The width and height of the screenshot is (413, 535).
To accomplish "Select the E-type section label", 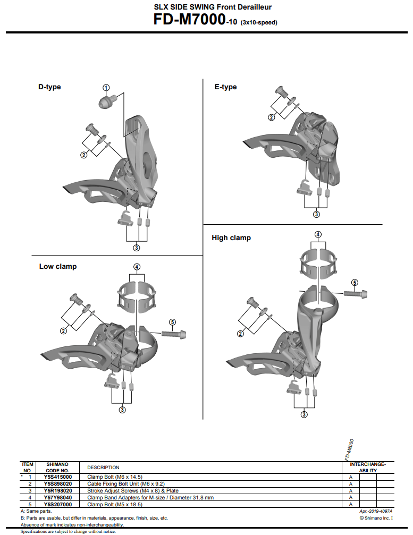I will point(225,87).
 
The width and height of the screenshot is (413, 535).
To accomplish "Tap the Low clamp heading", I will point(57,266).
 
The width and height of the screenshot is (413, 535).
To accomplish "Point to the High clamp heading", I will point(231,237).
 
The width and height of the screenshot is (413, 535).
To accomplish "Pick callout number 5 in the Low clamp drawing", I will point(172,321).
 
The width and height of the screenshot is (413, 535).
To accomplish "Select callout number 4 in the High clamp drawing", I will point(318,234).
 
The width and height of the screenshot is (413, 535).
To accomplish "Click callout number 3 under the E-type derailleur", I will point(316,214).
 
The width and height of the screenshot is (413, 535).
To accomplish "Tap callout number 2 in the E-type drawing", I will point(272,117).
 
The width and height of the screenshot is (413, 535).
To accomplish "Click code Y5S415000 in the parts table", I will point(58,477).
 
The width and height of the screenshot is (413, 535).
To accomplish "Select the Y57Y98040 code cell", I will point(58,498).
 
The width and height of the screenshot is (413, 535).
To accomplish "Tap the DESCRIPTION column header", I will point(103,468).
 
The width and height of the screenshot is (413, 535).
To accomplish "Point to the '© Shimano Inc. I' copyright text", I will point(376,517).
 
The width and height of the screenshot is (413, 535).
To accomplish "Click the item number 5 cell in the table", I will point(30,505).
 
